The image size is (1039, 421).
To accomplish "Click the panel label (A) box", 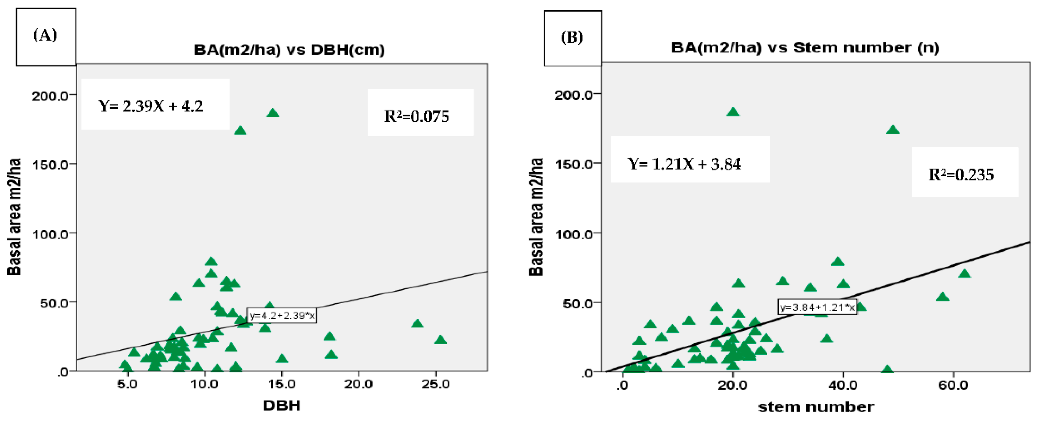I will (x=45, y=37).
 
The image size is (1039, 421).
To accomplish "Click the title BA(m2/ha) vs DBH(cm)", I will (x=289, y=50).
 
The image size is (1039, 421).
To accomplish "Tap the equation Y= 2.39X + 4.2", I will (x=151, y=106).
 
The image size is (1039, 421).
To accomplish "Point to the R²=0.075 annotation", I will (x=417, y=116).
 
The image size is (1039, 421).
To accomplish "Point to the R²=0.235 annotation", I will (x=961, y=174).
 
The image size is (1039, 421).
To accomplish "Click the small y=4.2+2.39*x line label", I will (x=282, y=316).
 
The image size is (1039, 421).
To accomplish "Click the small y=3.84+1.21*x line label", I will (x=817, y=307).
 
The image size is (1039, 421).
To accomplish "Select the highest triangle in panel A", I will (x=273, y=113).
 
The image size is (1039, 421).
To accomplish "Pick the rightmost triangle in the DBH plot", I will (x=441, y=340).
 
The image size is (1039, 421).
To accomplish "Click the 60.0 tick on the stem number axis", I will (x=953, y=386).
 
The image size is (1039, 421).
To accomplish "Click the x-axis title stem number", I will (x=816, y=407).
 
